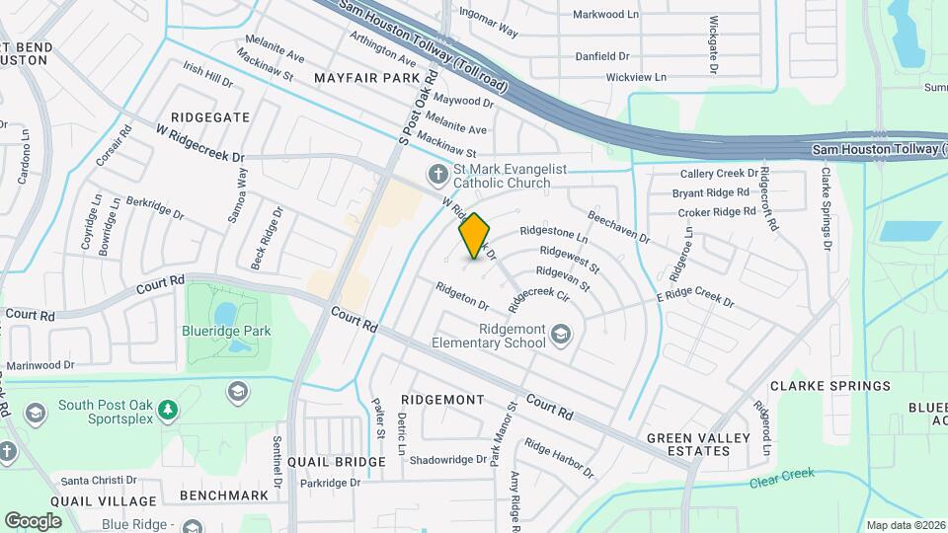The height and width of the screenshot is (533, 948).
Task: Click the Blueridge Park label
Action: click(226, 332)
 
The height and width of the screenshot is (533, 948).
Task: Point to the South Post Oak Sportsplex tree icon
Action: click(168, 408)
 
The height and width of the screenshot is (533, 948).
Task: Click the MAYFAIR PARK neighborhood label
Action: click(366, 77)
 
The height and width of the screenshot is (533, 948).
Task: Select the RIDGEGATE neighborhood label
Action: click(209, 116)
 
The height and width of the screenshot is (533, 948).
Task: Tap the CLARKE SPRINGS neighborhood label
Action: click(829, 386)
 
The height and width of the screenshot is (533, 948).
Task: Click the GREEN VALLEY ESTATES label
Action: click(688, 444)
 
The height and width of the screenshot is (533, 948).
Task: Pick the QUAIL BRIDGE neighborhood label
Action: click(337, 462)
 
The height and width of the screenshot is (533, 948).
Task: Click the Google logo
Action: click(33, 520)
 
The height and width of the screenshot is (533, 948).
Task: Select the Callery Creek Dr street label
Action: click(718, 174)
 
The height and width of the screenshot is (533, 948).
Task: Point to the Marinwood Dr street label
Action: click(40, 365)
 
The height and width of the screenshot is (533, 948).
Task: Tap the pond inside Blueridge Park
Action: click(225, 313)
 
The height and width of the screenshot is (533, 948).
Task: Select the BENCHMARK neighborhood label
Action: click(224, 495)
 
